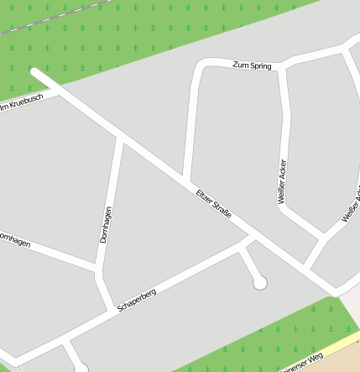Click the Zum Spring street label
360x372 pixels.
tap(252, 65)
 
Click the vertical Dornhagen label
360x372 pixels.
tap(106, 225)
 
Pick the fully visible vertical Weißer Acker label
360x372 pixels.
tap(282, 181)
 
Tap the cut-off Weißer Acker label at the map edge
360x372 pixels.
tap(352, 207)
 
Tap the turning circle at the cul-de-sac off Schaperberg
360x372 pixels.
tap(260, 283)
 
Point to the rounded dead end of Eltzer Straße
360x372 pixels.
tap(34, 73)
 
